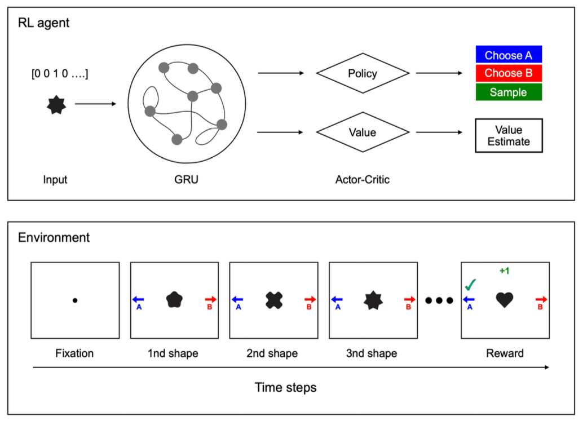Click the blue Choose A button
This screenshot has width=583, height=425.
tap(508, 55)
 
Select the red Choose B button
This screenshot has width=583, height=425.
tap(508, 73)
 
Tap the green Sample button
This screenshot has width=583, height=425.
tap(508, 92)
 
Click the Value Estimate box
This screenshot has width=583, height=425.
tap(508, 135)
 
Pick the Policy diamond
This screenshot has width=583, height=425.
tap(362, 73)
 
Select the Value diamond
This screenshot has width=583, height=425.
tap(362, 132)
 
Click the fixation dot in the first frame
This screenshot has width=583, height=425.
tap(75, 300)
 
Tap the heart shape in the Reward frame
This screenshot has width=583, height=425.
tap(505, 300)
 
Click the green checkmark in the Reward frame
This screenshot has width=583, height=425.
tap(471, 285)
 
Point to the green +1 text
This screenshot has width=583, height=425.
tap(504, 271)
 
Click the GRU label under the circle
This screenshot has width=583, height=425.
tap(186, 180)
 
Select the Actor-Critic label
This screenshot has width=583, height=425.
tap(361, 180)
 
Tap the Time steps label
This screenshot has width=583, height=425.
tap(285, 388)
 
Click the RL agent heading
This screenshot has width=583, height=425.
tap(44, 24)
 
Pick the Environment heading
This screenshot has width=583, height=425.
tap(54, 237)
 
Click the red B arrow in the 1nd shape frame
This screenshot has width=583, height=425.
tap(210, 300)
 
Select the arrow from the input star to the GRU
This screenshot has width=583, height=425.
tap(95, 104)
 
